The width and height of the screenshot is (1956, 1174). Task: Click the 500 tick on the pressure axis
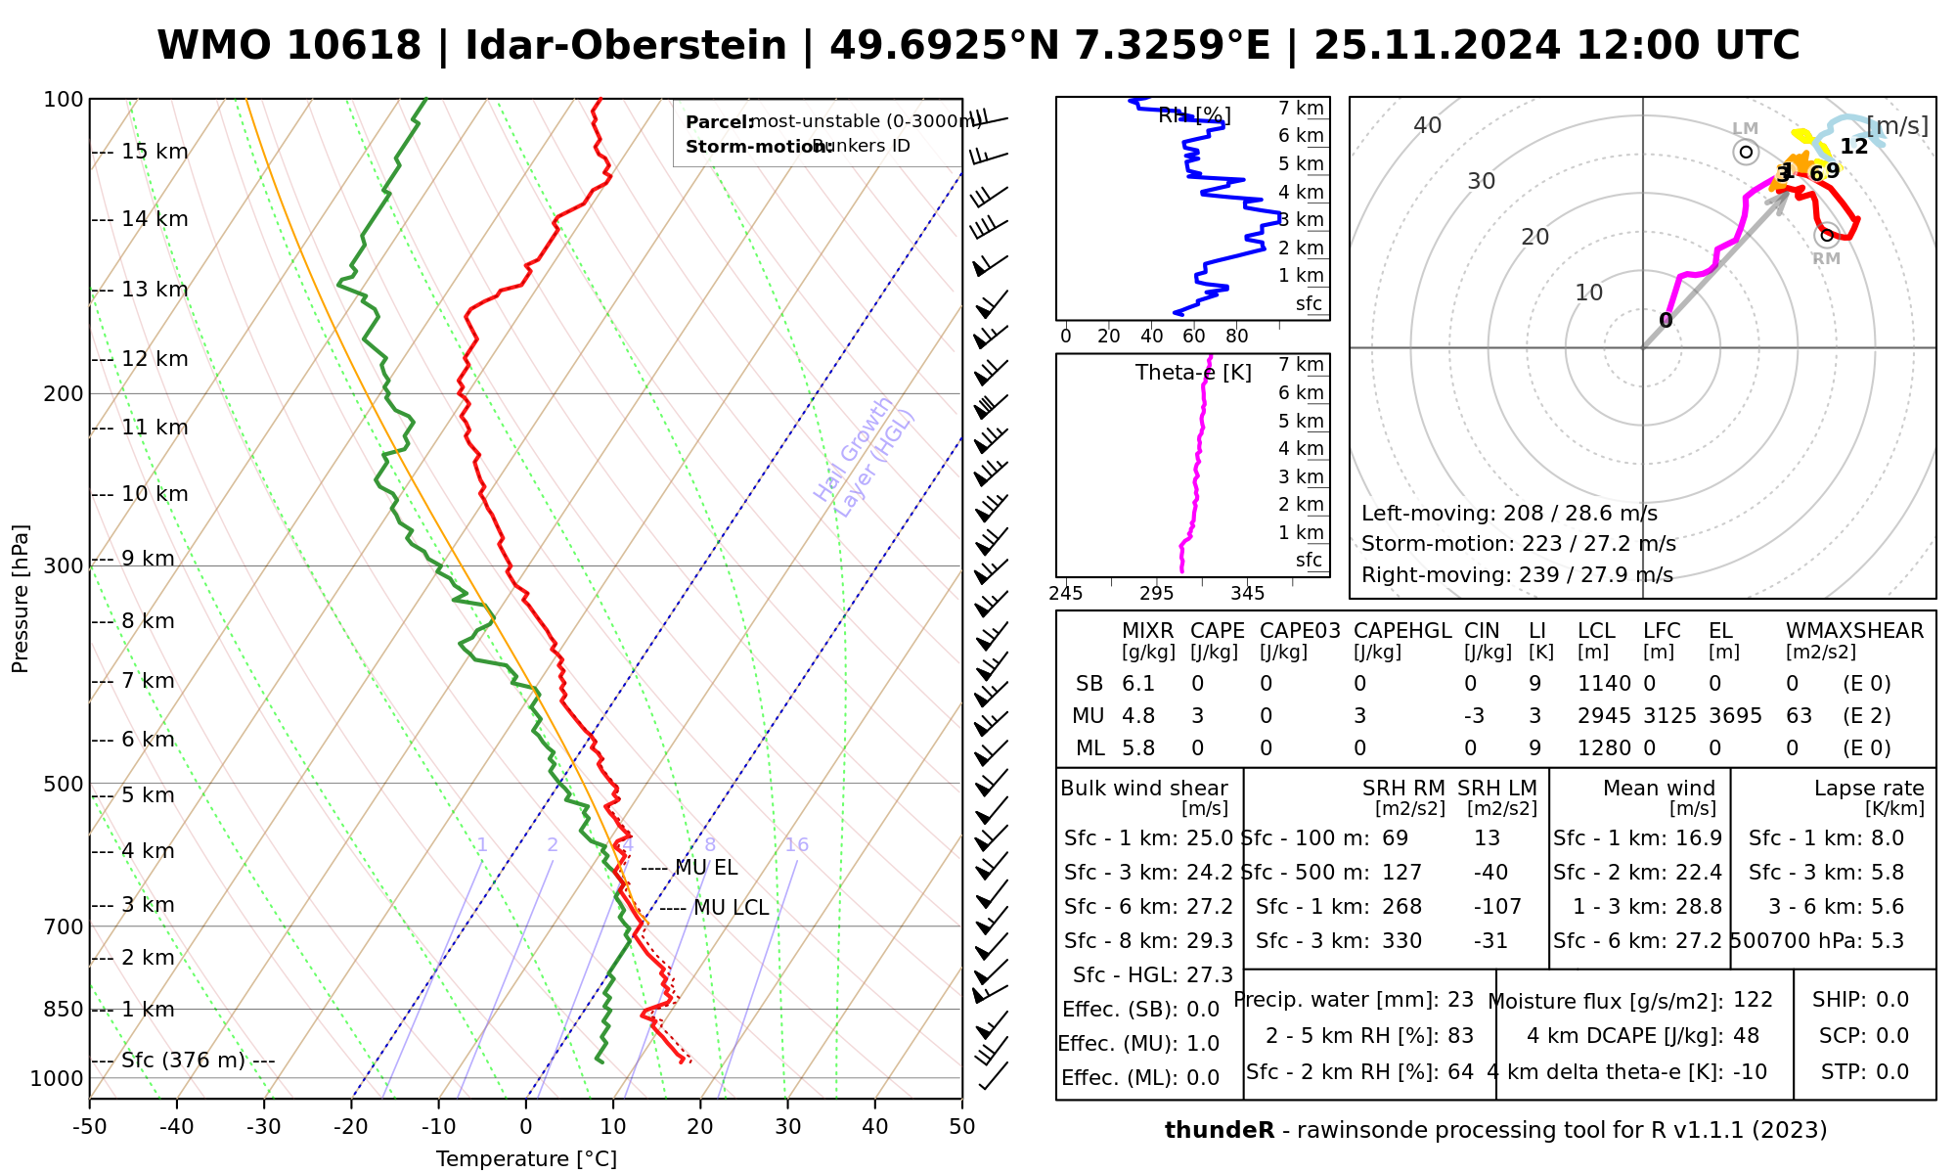(65, 784)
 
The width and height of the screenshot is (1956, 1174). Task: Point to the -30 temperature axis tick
(264, 1127)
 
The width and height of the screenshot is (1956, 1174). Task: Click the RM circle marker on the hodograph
(1826, 235)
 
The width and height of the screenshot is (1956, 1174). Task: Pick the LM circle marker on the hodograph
(1746, 152)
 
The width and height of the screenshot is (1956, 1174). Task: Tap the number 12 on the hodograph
(1853, 147)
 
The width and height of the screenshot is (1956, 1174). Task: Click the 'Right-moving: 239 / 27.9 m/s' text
(1517, 575)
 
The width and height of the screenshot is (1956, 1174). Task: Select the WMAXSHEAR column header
(1854, 631)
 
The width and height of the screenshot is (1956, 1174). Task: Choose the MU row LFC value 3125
(1669, 716)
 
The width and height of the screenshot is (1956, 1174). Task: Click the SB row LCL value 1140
(1604, 684)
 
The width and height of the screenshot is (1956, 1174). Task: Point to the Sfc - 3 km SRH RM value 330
(1401, 941)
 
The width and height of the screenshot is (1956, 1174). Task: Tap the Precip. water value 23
(1460, 1000)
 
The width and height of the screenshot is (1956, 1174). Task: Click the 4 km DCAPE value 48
(1746, 1036)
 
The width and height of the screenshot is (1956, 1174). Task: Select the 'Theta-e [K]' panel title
(1193, 373)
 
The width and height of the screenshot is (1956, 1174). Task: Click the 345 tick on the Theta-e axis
(1247, 594)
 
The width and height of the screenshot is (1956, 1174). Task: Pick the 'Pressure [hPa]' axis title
(21, 599)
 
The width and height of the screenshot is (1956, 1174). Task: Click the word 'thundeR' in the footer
(1219, 1131)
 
